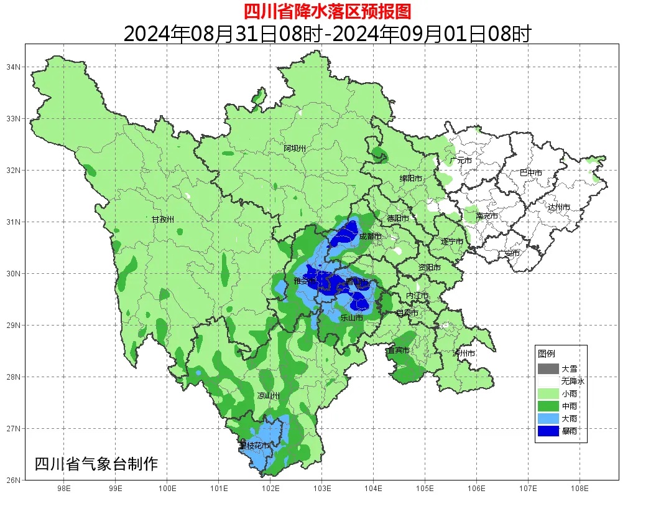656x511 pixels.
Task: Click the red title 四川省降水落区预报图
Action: coord(327,11)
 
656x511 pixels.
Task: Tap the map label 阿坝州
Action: coord(295,148)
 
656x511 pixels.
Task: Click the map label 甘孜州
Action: coord(163,220)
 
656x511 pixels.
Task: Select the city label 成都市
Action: coord(371,237)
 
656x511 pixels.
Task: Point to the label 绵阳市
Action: coord(411,179)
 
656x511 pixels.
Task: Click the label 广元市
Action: coord(461,161)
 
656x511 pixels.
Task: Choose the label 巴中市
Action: coord(531,173)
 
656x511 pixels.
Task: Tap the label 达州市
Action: coord(559,207)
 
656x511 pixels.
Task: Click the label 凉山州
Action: coord(269,396)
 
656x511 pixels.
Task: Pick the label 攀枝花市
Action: coord(254,446)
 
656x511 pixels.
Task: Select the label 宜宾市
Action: coord(399,350)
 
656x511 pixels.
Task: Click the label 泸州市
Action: coord(464,354)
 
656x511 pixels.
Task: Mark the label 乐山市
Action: coord(351,318)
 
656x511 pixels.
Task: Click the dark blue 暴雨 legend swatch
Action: coord(548,431)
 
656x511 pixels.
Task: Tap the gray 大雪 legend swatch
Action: coord(548,368)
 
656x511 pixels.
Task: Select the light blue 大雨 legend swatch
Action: coord(548,418)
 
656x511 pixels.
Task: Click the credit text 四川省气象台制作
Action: coord(96,464)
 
